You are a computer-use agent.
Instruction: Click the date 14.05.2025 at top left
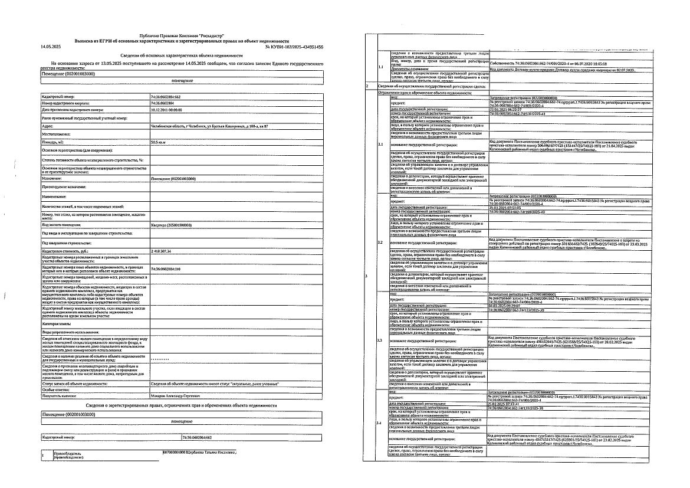pos(51,46)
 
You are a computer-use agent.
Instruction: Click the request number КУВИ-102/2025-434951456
pos(294,46)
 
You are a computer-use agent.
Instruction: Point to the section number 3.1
pos(380,144)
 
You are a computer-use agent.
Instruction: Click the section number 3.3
pos(380,341)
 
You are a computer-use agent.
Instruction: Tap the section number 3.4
pos(380,440)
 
